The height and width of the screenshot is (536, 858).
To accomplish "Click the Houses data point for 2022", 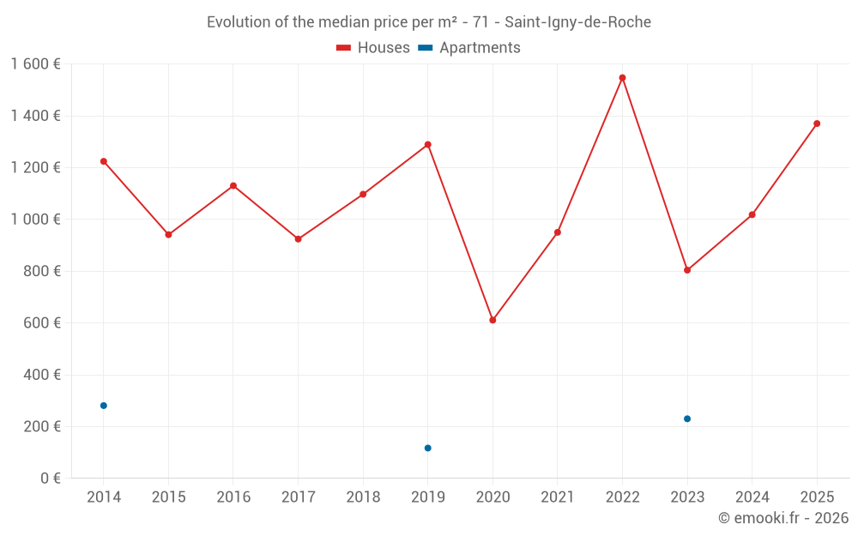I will coord(622,78).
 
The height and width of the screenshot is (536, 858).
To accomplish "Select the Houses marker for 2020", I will coord(492,320).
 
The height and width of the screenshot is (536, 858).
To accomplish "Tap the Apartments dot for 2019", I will coord(427,448).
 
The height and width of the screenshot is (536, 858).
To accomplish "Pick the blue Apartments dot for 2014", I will coord(104,406).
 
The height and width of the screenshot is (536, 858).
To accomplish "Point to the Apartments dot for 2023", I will coord(687,419).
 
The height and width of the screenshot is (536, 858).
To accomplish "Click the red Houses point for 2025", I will coord(817,123).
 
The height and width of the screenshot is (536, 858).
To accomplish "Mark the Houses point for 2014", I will coord(104,161).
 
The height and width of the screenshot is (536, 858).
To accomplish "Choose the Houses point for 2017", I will coord(298,239).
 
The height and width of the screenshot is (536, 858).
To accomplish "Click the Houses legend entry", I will coord(373,48).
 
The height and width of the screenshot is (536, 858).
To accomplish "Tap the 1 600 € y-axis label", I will coord(35,64).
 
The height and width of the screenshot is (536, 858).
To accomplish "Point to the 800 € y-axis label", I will coord(41,271).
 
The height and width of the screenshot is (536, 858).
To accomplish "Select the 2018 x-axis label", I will coord(363,497).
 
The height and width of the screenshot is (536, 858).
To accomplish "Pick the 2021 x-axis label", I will coord(558,497).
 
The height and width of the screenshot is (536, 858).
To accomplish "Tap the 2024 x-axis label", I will coord(752,497).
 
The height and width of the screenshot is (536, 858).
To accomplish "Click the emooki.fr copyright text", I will coord(782,518).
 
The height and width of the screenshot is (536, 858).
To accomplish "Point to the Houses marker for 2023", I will coord(687,270).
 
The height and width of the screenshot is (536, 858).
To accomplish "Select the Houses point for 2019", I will coord(427,145).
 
